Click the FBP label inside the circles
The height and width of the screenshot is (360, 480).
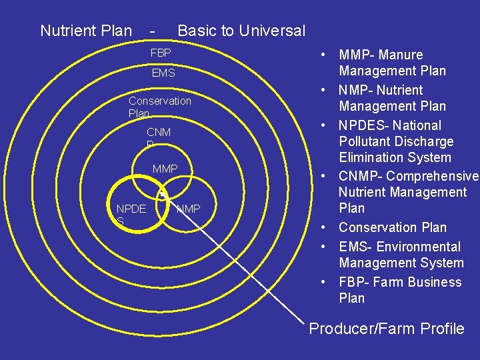161,53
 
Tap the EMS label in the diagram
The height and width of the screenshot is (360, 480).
163,73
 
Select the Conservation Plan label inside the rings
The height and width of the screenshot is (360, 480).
159,107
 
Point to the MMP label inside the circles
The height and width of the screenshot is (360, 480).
165,169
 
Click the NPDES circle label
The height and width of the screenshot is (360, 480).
131,214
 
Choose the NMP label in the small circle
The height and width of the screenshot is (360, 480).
188,209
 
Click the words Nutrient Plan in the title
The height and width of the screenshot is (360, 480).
86,30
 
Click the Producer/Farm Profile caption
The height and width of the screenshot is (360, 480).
387,328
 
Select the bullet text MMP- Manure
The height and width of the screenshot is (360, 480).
381,55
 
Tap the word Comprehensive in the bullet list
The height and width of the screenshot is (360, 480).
432,176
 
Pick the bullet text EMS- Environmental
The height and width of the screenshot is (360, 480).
400,247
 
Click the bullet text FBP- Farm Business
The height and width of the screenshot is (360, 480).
400,282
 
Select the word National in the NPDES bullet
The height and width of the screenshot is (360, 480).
417,125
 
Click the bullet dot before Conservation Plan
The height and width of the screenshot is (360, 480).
322,227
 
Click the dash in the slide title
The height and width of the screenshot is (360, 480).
153,30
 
